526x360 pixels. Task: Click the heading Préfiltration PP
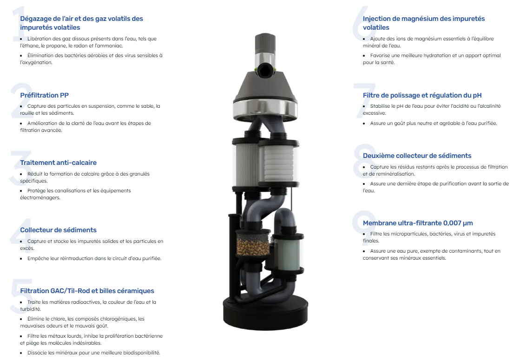44,95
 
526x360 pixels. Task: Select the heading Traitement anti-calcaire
59,163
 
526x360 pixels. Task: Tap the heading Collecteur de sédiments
59,230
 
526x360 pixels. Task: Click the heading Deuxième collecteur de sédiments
417,156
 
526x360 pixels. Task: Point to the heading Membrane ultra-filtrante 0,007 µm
418,223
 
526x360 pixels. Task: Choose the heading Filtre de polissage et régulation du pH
422,95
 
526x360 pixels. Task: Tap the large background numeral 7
364,101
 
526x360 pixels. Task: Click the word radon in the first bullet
95,46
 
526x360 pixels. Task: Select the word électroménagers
40,197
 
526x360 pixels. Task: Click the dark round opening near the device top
266,71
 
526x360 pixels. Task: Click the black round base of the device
265,312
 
